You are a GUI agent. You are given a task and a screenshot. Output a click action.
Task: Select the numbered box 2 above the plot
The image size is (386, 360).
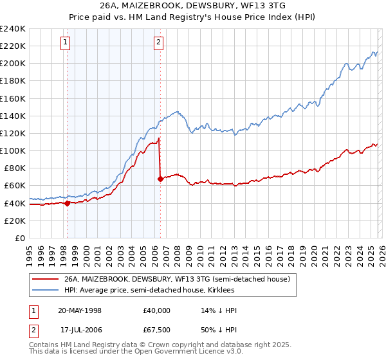(158, 43)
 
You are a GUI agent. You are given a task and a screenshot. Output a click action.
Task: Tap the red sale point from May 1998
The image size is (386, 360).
(67, 203)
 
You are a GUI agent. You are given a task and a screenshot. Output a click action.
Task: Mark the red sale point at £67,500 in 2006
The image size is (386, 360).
(160, 179)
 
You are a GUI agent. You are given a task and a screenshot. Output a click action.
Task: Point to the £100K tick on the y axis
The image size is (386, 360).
(13, 150)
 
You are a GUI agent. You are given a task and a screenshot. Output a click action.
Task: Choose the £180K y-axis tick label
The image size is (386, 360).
(13, 81)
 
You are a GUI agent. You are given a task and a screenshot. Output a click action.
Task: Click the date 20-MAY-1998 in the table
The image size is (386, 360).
(80, 310)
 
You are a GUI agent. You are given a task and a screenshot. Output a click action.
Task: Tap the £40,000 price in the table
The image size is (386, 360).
(157, 310)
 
